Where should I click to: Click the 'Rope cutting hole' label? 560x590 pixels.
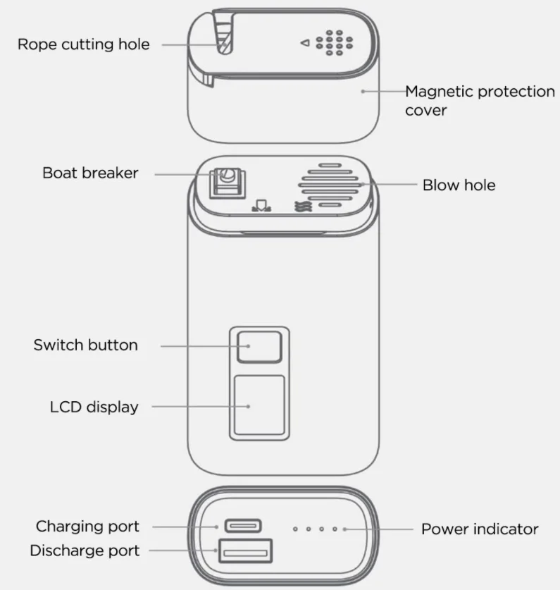tap(83, 44)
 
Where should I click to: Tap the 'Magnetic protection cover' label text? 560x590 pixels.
tap(480, 100)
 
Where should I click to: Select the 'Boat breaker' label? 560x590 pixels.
tap(90, 173)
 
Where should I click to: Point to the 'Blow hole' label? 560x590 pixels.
tap(459, 185)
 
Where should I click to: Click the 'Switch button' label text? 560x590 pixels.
tap(85, 345)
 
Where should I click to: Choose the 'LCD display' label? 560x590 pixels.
tap(94, 407)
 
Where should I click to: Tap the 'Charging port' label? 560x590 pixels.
tap(87, 527)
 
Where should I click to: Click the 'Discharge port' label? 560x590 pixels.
tap(85, 551)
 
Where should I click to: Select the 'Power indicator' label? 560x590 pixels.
tap(480, 529)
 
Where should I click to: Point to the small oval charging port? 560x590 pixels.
tap(243, 526)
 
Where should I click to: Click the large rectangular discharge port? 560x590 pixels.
tap(246, 551)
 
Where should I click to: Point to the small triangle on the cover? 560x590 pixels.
tap(305, 43)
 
